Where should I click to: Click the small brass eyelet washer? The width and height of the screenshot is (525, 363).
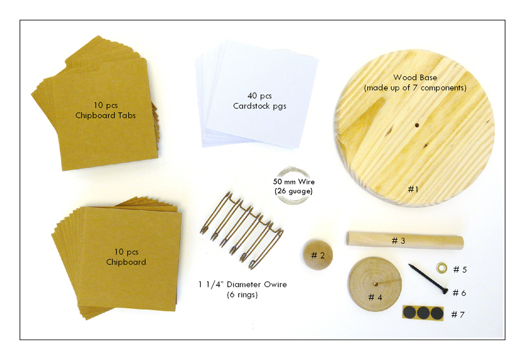pyautogui.click(x=442, y=268)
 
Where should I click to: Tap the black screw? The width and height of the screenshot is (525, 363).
pyautogui.click(x=428, y=278)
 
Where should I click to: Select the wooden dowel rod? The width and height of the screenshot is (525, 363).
pyautogui.click(x=405, y=240)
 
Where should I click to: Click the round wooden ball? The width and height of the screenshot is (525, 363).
pyautogui.click(x=318, y=255)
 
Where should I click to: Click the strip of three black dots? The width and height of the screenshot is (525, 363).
pyautogui.click(x=423, y=313)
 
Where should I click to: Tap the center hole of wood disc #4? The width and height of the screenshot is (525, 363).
pyautogui.click(x=376, y=284)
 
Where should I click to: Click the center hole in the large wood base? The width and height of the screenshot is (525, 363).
pyautogui.click(x=417, y=125)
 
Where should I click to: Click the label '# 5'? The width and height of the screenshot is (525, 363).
pyautogui.click(x=460, y=270)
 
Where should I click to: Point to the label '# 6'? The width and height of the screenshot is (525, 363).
pyautogui.click(x=459, y=293)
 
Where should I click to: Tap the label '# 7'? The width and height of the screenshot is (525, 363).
pyautogui.click(x=458, y=315)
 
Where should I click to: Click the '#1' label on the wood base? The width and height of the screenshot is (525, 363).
pyautogui.click(x=413, y=189)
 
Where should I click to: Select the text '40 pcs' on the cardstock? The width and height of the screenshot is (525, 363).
pyautogui.click(x=260, y=96)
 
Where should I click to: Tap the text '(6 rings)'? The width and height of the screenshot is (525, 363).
pyautogui.click(x=242, y=295)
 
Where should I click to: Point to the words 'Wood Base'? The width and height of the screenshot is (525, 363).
pyautogui.click(x=415, y=78)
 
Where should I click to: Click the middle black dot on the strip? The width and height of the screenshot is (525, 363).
pyautogui.click(x=423, y=313)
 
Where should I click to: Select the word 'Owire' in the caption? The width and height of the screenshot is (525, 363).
pyautogui.click(x=273, y=284)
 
